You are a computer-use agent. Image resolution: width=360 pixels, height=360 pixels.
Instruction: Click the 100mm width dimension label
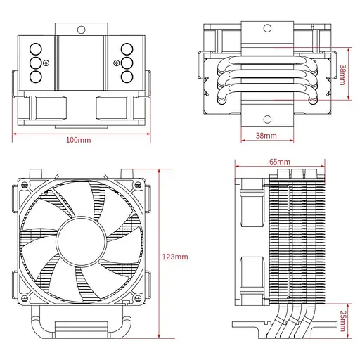click(x=78, y=139)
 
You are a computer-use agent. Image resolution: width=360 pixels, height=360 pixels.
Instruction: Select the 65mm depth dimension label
click(x=278, y=161)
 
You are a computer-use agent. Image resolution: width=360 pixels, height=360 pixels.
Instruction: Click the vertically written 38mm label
click(x=342, y=75)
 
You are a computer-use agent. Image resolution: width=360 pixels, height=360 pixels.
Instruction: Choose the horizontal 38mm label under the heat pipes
click(x=266, y=135)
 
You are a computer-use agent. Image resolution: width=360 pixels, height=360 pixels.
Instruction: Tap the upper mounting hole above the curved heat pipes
click(x=266, y=29)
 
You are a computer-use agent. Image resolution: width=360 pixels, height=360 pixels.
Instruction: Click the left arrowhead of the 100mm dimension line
click(x=14, y=131)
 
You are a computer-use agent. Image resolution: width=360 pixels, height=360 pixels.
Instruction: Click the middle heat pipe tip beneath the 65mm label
click(x=295, y=173)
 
